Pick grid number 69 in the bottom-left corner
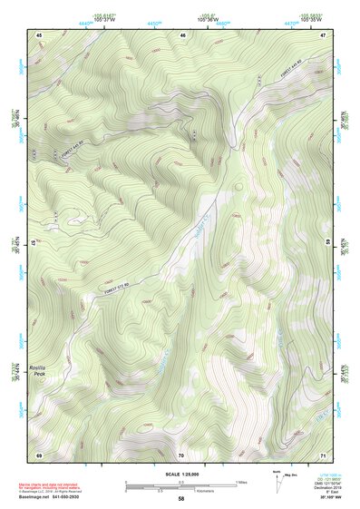tap(40, 454)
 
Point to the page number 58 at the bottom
tap(180, 499)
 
